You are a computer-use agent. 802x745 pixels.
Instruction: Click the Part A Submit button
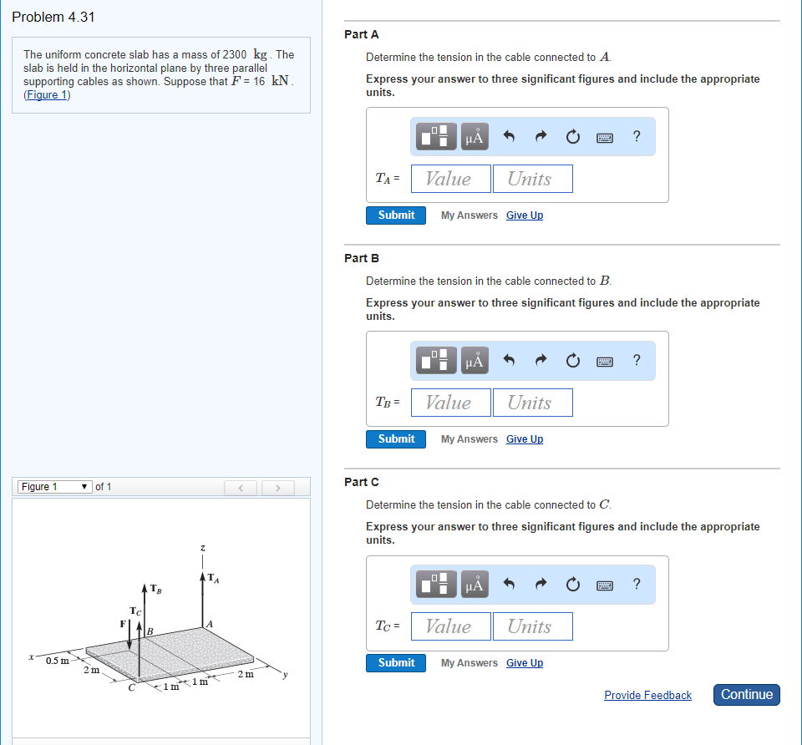click(396, 215)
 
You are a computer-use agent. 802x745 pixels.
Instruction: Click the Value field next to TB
click(449, 403)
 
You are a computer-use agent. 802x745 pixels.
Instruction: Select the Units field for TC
click(532, 626)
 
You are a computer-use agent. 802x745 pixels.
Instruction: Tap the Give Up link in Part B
click(524, 439)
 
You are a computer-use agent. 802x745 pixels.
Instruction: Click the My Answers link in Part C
click(469, 663)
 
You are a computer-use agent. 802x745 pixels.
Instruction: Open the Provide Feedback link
click(647, 695)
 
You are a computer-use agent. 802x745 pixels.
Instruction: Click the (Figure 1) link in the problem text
click(47, 94)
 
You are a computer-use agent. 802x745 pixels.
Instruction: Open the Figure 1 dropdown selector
click(55, 487)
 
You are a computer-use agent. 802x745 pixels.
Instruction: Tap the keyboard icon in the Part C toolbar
click(606, 585)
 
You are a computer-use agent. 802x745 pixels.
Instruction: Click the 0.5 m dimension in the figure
click(57, 661)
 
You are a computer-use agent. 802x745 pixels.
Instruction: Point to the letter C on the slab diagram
click(131, 689)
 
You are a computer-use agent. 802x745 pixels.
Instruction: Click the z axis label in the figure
click(202, 548)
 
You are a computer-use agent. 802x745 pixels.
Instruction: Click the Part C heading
click(361, 482)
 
